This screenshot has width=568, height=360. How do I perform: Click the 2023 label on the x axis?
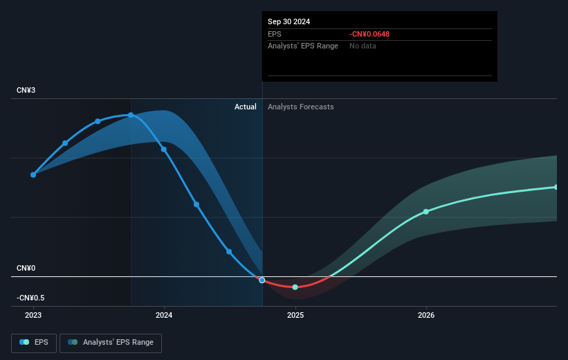point(33,315)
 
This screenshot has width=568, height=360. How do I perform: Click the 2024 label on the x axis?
point(164,315)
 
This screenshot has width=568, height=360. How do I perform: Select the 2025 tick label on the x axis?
point(295,315)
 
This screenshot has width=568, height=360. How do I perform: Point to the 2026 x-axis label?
point(426,315)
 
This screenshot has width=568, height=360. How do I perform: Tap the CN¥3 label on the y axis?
point(27,91)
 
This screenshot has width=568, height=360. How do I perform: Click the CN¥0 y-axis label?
point(27,268)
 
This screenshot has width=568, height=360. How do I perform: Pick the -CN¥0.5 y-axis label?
point(30,298)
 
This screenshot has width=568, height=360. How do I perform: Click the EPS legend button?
point(34,342)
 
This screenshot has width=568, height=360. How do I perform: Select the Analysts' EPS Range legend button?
point(111,342)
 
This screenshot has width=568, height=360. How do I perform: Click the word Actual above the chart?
point(246,107)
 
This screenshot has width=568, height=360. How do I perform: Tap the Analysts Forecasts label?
point(300,107)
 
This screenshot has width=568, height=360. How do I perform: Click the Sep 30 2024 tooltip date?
point(289,21)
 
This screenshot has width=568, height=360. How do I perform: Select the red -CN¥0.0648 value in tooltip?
point(374,34)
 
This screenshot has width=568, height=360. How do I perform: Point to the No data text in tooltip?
point(363,46)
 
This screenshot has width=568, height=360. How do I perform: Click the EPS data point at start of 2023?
point(33,174)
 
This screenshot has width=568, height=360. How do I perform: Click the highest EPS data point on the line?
point(131,115)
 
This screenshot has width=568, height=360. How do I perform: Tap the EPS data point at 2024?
point(164,149)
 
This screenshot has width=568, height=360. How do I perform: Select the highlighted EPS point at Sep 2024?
point(262,280)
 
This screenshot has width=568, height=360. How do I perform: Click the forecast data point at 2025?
point(295,287)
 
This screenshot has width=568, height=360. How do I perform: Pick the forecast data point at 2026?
point(426,211)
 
